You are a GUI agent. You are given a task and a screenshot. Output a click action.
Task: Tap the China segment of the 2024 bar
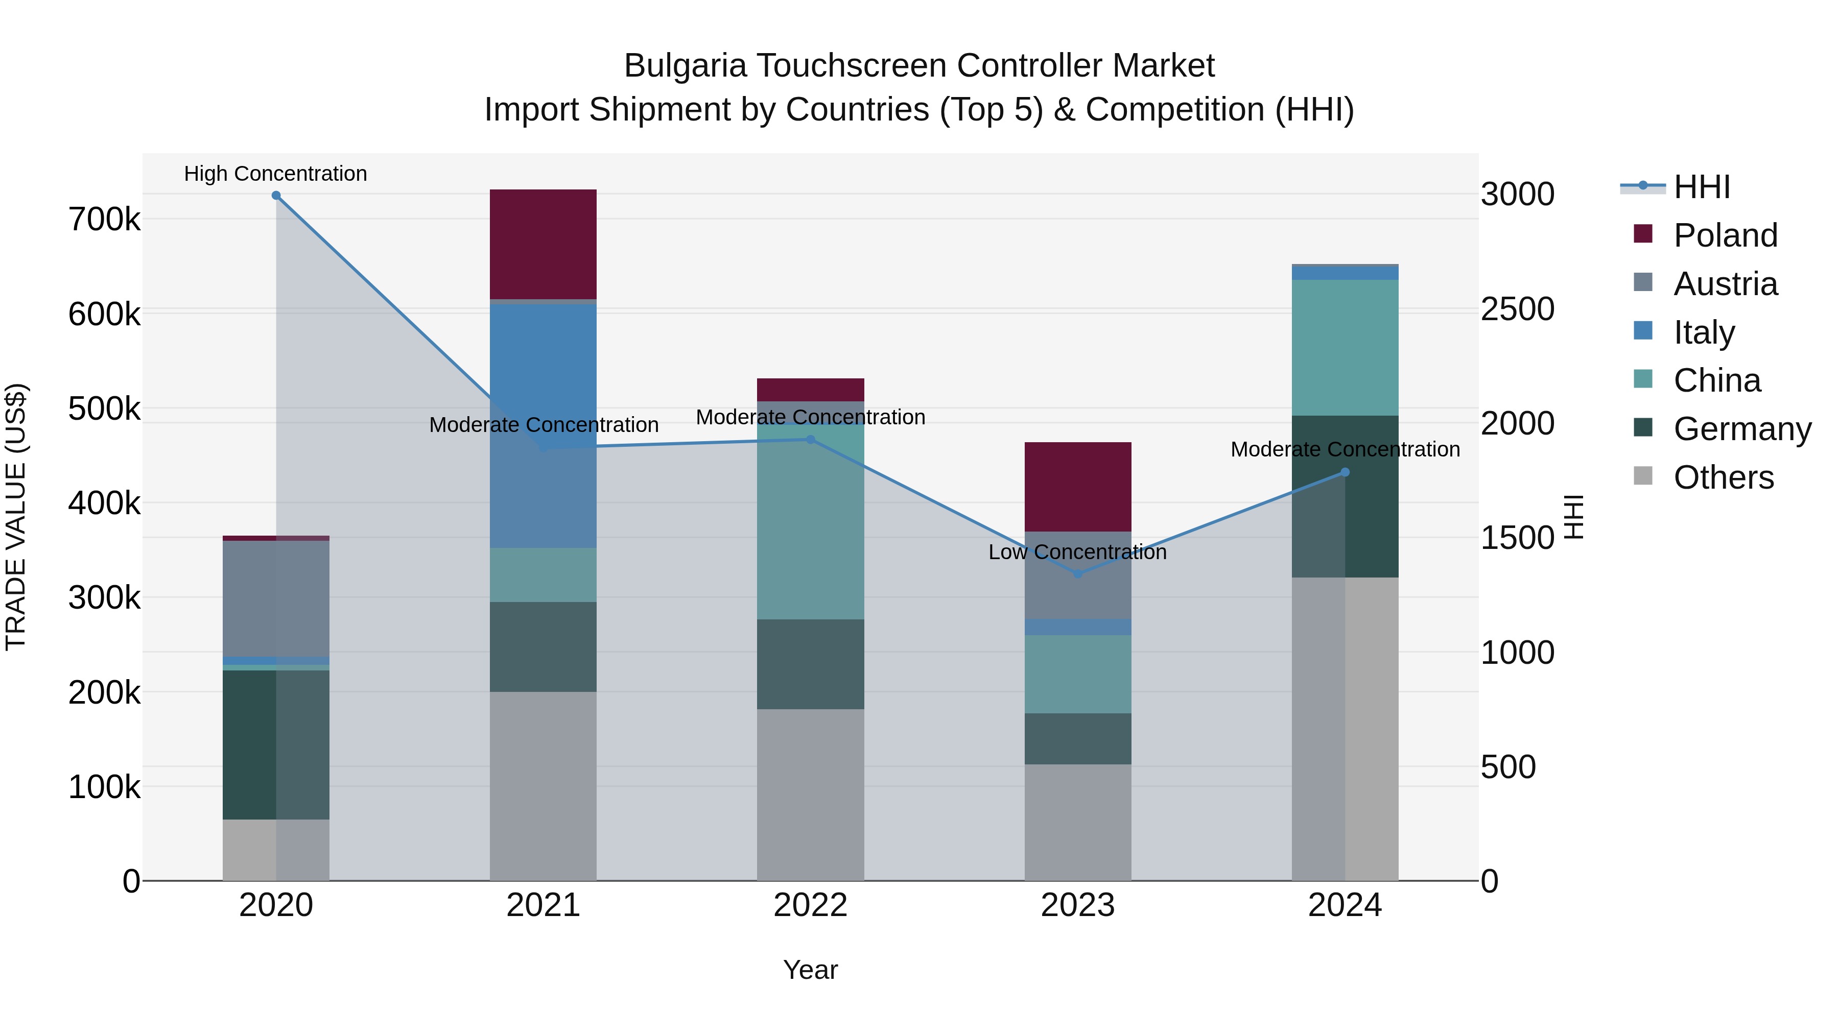(x=1345, y=348)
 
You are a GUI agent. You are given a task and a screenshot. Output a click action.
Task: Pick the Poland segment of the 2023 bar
(x=1077, y=487)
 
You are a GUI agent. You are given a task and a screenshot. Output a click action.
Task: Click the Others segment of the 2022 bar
(x=810, y=794)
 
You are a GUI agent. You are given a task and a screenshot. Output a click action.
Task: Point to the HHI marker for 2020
(x=276, y=196)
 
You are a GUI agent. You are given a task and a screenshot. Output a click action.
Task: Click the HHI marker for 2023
(x=1078, y=574)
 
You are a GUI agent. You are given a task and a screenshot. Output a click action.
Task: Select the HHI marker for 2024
(x=1345, y=472)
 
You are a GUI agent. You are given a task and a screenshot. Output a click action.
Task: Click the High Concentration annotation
(x=275, y=174)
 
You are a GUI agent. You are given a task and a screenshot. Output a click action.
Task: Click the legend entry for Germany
(x=1741, y=429)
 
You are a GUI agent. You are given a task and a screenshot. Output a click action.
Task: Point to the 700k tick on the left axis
(x=104, y=219)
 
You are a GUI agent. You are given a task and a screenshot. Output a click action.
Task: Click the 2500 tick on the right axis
(x=1518, y=309)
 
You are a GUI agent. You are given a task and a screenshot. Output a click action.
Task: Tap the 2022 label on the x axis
(x=810, y=905)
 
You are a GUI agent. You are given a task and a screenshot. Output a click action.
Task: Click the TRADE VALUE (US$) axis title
(x=16, y=517)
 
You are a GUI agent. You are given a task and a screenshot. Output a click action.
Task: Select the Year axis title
(x=810, y=970)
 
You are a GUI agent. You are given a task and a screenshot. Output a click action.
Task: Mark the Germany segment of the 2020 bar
(x=276, y=744)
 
